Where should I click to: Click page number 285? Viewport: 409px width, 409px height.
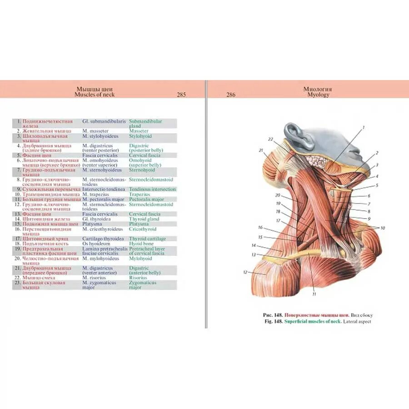click(x=182, y=95)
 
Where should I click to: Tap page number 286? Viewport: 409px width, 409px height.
click(x=231, y=95)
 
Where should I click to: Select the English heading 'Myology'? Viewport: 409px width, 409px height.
click(x=318, y=95)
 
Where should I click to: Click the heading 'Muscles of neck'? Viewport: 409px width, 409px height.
click(x=95, y=95)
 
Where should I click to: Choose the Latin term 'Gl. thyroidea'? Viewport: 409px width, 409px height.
click(x=96, y=219)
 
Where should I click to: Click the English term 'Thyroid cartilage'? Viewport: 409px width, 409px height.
click(x=148, y=239)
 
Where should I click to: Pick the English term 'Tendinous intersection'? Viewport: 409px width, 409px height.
click(x=152, y=189)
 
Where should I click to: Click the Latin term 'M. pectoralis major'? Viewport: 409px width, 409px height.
click(x=103, y=200)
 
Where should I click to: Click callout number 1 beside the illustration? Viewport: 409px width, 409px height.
click(x=364, y=128)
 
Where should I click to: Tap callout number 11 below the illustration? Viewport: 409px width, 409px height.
click(x=314, y=294)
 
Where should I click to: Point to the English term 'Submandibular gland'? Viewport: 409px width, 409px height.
click(x=145, y=125)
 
